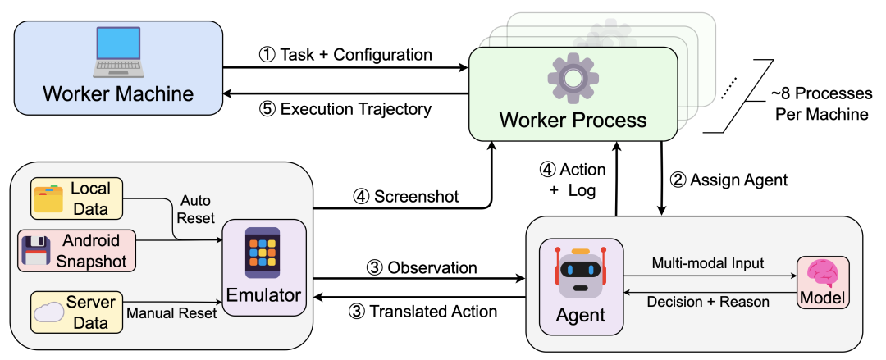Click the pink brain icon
click(822, 272)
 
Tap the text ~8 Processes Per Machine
click(821, 104)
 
